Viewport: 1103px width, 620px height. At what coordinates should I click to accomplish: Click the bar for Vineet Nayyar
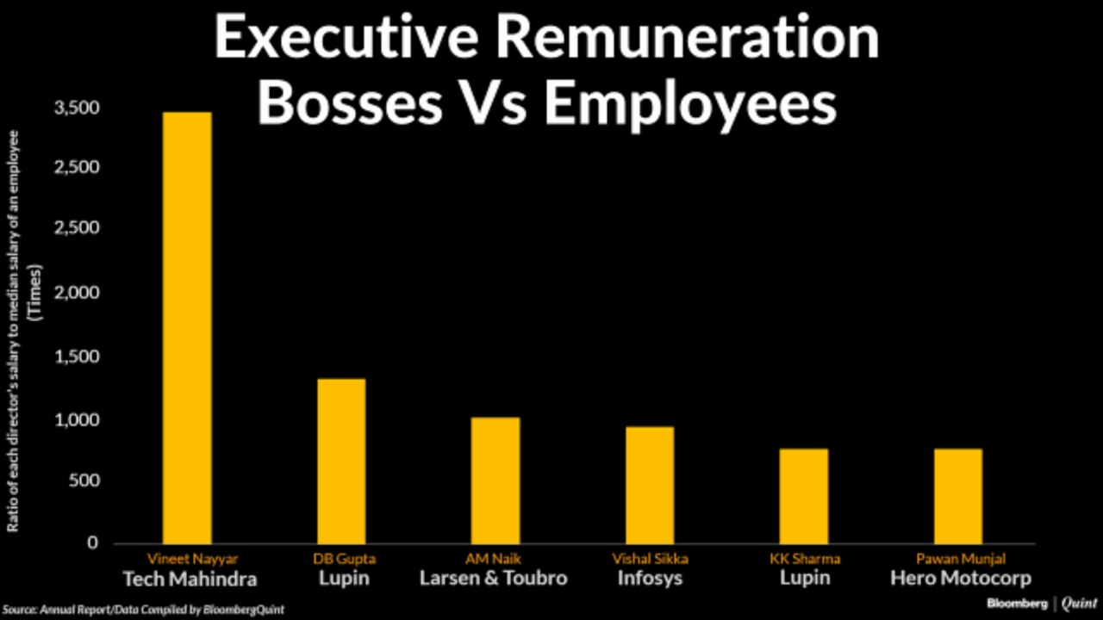coord(187,327)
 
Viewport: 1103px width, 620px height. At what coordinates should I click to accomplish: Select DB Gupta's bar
coord(341,461)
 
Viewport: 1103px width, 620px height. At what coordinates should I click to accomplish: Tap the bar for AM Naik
coord(495,480)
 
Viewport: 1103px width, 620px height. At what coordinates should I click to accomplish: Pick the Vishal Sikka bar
coord(650,485)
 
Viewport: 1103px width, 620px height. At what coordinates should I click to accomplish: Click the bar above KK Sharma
coord(804,495)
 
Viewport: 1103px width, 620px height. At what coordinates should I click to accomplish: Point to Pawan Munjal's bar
coord(958,495)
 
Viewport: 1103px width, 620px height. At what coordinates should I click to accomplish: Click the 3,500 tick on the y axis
coord(77,108)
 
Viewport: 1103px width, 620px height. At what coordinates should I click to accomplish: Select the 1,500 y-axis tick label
coord(77,356)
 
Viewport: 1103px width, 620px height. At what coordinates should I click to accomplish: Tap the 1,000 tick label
coord(77,420)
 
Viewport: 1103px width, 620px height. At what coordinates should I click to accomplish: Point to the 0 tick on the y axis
coord(91,543)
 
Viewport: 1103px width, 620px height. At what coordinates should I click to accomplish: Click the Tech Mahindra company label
coord(190,578)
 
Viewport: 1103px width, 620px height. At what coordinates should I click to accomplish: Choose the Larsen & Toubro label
coord(494,578)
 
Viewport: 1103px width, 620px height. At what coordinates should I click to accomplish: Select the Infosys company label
coord(650,578)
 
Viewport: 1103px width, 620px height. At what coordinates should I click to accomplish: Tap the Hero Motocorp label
coord(960,578)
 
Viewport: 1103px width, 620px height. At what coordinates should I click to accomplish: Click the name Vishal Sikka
coord(650,559)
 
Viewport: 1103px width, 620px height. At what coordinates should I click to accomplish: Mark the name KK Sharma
coord(804,559)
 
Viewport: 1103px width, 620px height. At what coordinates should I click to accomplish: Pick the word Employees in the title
coord(689,105)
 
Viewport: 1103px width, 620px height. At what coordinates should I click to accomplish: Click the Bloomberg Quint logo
coord(1042,604)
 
